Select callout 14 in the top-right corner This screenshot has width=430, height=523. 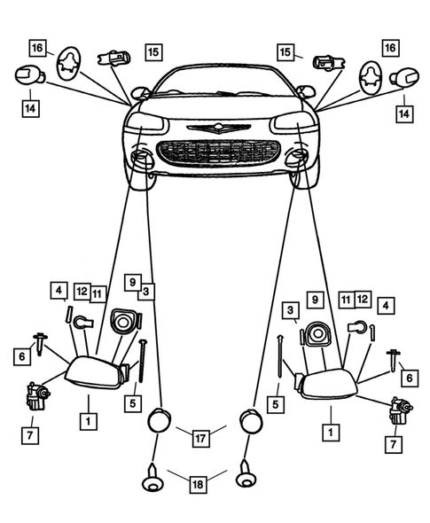[405, 113]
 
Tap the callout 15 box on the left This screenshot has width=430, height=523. [153, 52]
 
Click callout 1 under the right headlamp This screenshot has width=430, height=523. [330, 433]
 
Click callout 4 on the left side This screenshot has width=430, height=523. [59, 290]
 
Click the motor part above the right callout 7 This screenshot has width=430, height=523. [396, 410]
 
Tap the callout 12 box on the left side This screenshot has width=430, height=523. [81, 291]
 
